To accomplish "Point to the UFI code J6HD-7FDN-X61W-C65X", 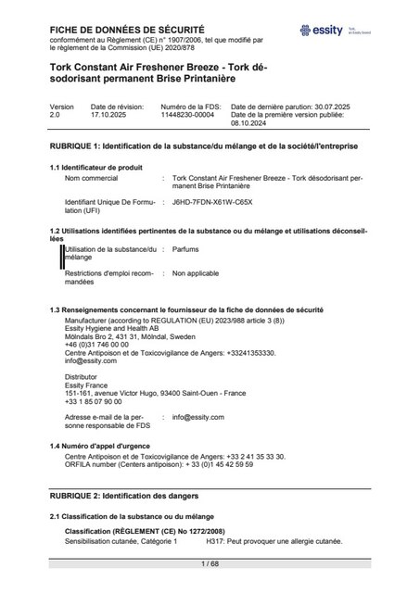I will coord(212,201).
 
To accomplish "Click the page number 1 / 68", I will coord(210,563).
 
